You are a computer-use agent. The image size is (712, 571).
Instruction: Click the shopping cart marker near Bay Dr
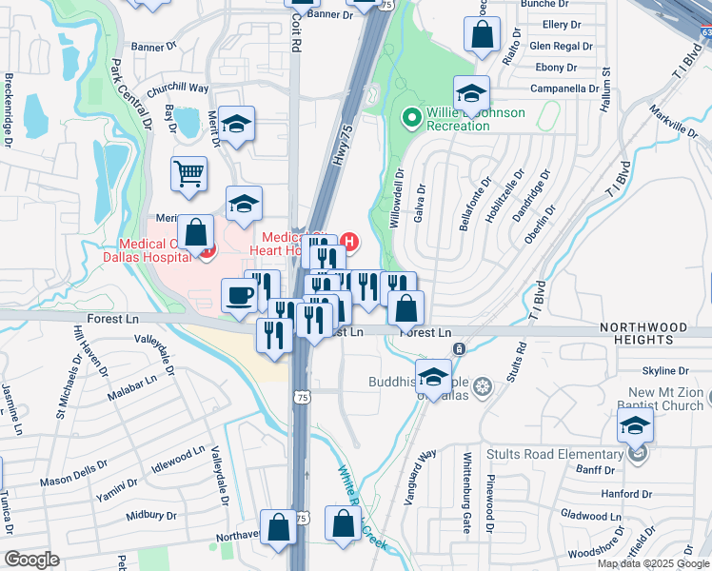[189, 174]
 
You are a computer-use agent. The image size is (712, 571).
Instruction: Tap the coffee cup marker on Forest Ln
[239, 294]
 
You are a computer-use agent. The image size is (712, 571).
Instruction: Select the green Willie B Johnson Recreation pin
[411, 118]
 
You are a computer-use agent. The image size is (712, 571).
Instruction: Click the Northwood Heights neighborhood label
[643, 332]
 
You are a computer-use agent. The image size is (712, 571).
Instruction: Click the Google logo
[32, 559]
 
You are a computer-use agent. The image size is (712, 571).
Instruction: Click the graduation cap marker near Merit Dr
[235, 124]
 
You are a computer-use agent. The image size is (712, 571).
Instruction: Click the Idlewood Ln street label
[178, 459]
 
